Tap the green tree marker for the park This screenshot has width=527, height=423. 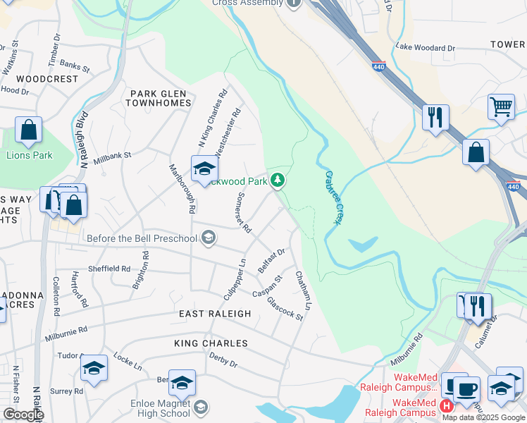[x=278, y=181]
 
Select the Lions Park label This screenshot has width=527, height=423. [x=30, y=155]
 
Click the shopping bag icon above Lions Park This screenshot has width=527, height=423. [x=28, y=131]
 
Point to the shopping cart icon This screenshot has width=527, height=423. [x=501, y=107]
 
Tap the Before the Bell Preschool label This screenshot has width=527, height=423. [x=142, y=238]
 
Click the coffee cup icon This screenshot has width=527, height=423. [x=466, y=389]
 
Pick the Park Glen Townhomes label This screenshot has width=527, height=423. [x=159, y=98]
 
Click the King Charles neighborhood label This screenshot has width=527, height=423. [x=211, y=343]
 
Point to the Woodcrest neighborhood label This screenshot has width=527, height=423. [x=47, y=79]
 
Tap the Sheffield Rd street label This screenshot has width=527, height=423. [x=109, y=269]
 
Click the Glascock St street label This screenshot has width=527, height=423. [x=285, y=309]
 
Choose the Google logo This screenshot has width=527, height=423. [x=23, y=415]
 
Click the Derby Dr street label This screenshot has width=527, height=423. [x=224, y=360]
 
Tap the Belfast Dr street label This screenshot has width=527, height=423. [x=271, y=261]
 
